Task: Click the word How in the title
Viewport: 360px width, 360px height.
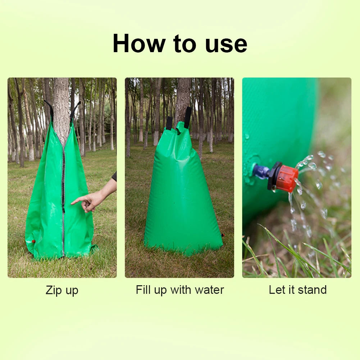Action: click(139, 44)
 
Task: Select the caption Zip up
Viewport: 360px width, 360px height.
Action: click(62, 290)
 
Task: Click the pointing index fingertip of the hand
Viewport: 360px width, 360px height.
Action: click(73, 203)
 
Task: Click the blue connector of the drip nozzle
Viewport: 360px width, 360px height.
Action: click(261, 172)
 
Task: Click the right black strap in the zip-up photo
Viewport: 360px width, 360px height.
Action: click(74, 109)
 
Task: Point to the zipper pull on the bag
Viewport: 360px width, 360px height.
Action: click(63, 209)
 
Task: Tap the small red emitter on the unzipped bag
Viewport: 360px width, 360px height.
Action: click(33, 241)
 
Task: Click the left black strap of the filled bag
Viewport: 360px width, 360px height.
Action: click(169, 122)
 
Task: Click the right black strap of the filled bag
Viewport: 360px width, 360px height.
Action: click(188, 117)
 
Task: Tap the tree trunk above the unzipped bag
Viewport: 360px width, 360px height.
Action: click(61, 104)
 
